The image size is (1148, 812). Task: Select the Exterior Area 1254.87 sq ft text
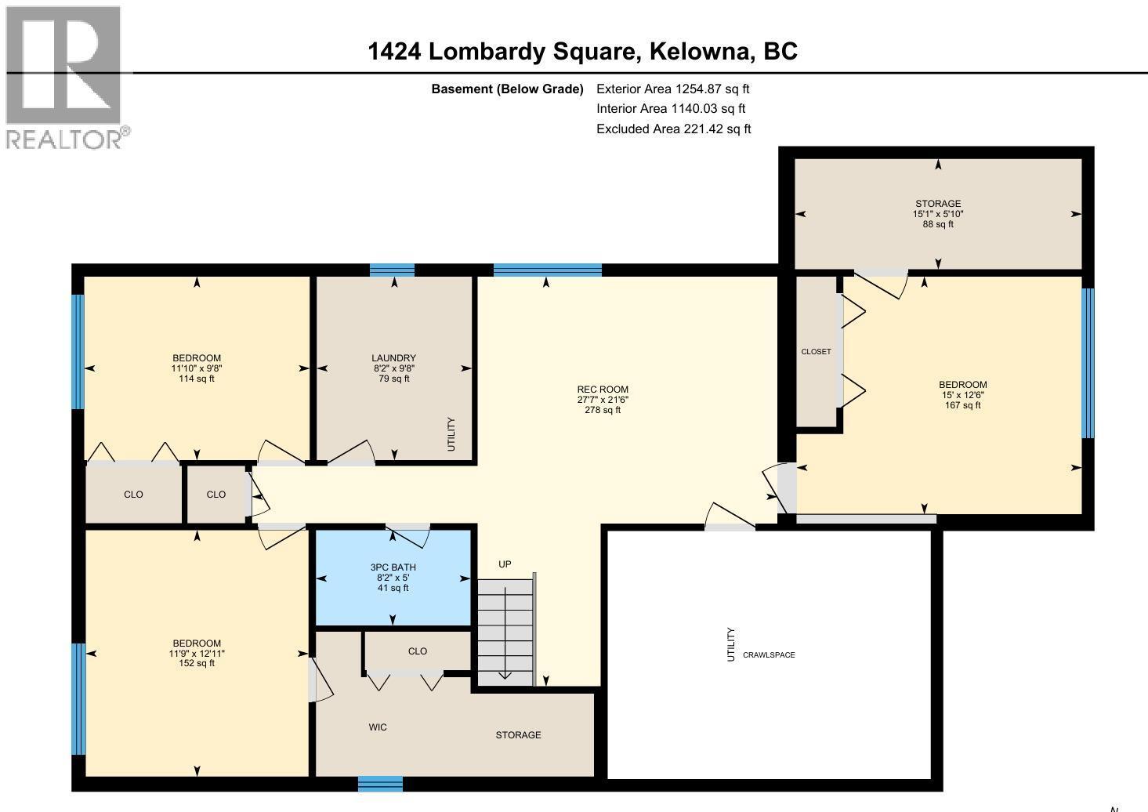672,89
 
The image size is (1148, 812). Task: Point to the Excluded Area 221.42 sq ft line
673,129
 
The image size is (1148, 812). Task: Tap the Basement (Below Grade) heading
507,89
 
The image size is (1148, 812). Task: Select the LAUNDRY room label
393,358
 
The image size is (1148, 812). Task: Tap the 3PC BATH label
393,567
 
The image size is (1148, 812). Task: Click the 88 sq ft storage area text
938,224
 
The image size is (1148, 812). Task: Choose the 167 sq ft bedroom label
962,405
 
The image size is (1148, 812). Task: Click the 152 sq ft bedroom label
196,663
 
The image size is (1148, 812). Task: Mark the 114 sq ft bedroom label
196,379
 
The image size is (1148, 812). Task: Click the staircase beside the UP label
505,631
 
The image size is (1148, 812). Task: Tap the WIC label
378,727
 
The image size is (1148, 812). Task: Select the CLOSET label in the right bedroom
816,352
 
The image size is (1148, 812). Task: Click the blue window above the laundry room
392,270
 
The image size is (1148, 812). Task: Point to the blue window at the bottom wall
380,784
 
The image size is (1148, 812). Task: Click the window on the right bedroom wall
1088,363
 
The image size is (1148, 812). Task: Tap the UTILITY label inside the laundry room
451,434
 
